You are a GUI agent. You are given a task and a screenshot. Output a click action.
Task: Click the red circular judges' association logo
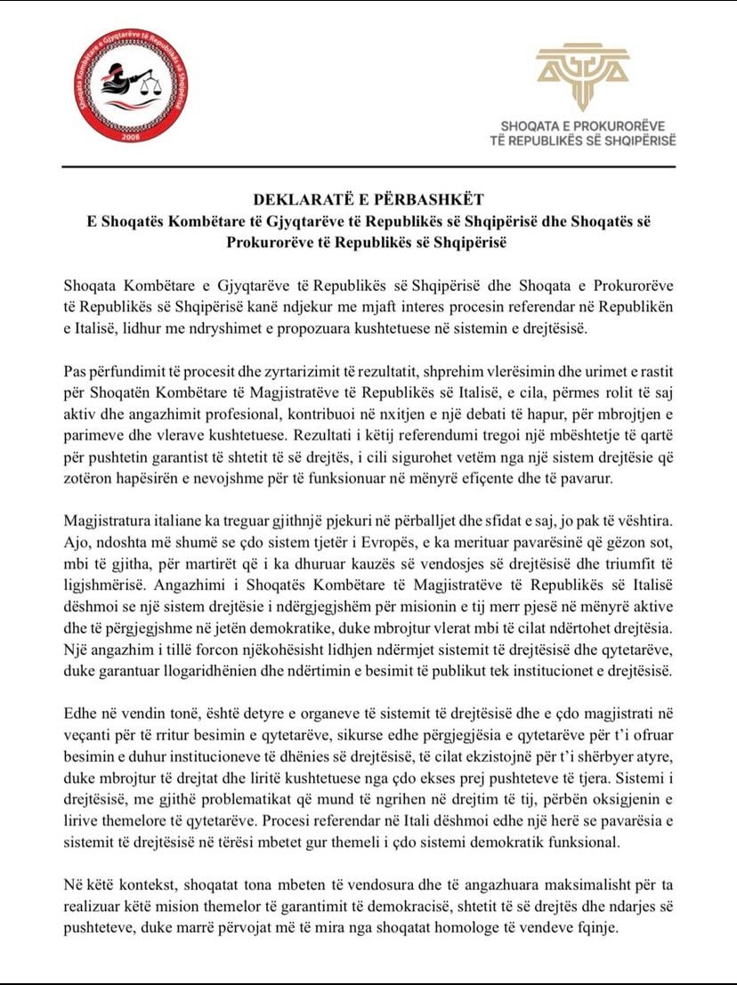coord(131,86)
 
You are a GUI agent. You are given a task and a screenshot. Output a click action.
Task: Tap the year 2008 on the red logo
coord(131,137)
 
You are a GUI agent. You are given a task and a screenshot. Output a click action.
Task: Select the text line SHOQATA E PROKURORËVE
coord(583,126)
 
